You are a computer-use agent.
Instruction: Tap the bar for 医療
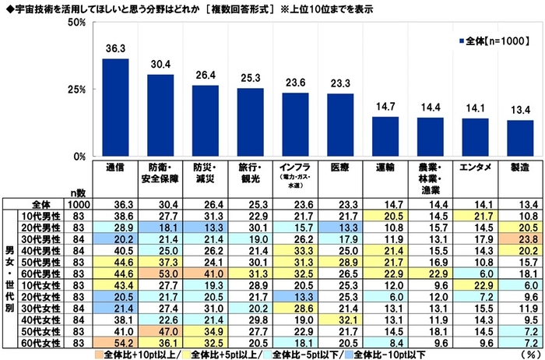[x=340, y=125]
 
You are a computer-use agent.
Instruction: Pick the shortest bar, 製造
[x=521, y=138]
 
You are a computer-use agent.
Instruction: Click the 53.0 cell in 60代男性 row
[x=160, y=274]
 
